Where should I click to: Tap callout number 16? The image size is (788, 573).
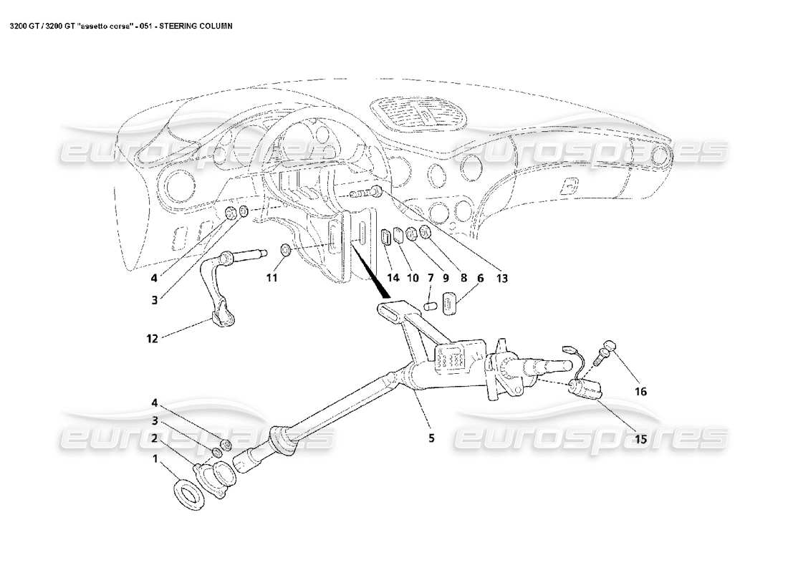coord(640,391)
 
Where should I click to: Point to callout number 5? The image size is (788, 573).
coord(431,438)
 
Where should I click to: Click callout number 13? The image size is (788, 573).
coord(501,278)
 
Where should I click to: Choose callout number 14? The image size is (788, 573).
coord(393,278)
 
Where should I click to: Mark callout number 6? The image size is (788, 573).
coord(479,278)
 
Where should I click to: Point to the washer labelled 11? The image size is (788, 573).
coord(284,250)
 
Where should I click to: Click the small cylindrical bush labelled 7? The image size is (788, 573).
coord(431,305)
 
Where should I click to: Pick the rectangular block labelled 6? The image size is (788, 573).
coord(451,303)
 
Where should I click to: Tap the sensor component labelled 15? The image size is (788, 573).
coord(585,389)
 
